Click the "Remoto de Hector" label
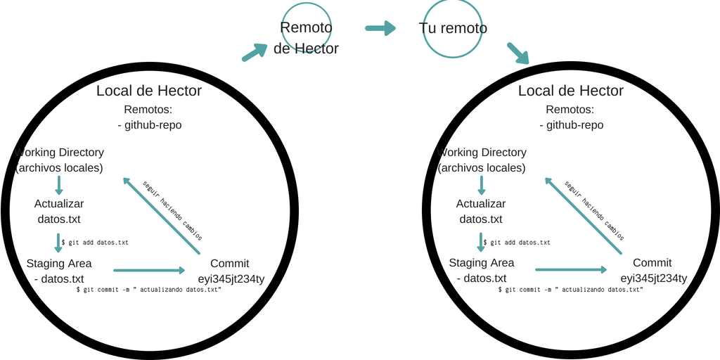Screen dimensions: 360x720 (306, 38)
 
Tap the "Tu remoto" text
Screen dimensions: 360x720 (453, 28)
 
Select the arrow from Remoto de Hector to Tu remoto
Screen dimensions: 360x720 (380, 28)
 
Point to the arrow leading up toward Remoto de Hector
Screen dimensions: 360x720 (255, 52)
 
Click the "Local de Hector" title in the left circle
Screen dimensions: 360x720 (149, 91)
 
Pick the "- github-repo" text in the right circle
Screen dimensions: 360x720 (572, 124)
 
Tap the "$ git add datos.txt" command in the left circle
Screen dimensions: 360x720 (95, 243)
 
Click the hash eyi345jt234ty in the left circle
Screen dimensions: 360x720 (231, 278)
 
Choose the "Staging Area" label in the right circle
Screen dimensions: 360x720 (482, 263)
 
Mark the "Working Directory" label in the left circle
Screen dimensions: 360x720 (60, 153)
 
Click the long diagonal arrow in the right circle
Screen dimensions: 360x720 (584, 216)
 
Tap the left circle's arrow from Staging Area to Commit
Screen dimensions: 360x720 (148, 269)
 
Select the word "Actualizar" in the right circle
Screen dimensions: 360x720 (481, 204)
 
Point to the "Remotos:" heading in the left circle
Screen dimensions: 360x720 (148, 110)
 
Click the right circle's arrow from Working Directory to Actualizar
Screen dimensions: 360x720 (481, 185)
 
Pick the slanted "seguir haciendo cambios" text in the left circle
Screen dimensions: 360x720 (173, 210)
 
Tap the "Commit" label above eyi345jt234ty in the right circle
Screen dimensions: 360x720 (652, 263)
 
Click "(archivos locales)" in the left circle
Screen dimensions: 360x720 (60, 168)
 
